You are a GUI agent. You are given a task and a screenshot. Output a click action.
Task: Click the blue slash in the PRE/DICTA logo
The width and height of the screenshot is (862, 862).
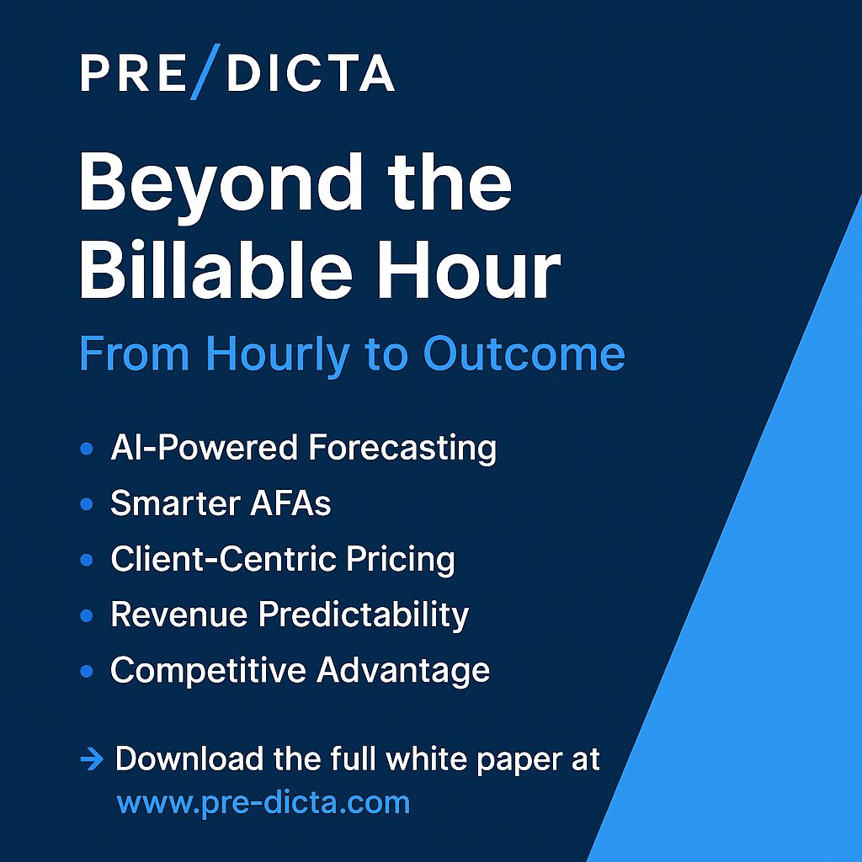pos(205,72)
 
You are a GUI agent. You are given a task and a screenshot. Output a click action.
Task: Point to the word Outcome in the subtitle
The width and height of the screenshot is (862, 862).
pos(524,354)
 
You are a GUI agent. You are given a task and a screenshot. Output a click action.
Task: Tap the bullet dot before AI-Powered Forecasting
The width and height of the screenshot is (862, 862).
pos(87,449)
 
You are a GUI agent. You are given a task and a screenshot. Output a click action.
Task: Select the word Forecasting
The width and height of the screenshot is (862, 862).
pos(402,449)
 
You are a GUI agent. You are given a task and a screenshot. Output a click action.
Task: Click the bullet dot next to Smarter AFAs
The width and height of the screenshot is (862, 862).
pos(87,503)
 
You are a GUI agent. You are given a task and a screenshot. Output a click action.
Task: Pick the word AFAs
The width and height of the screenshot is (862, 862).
pos(290,503)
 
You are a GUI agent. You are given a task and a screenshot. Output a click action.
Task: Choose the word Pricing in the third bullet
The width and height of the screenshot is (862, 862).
pos(400,560)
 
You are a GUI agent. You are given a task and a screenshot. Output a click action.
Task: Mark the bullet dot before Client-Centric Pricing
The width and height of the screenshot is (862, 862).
pos(87,560)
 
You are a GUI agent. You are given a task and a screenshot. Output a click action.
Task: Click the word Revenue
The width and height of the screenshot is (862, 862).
pos(179,614)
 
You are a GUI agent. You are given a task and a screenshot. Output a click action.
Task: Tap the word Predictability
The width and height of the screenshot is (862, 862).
pos(364,615)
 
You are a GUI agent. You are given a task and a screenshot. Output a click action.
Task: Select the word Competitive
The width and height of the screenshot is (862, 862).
pos(209,671)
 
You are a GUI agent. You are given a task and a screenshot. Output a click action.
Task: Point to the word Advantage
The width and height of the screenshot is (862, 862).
pos(403,671)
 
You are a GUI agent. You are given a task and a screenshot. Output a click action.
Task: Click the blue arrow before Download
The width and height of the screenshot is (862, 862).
pos(92,760)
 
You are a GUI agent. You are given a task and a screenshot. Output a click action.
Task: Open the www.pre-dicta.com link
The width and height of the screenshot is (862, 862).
pos(263,803)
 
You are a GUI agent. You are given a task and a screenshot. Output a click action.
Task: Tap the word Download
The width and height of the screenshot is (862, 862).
pos(189,759)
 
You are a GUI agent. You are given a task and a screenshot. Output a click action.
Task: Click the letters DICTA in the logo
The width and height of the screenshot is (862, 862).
pos(311,72)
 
